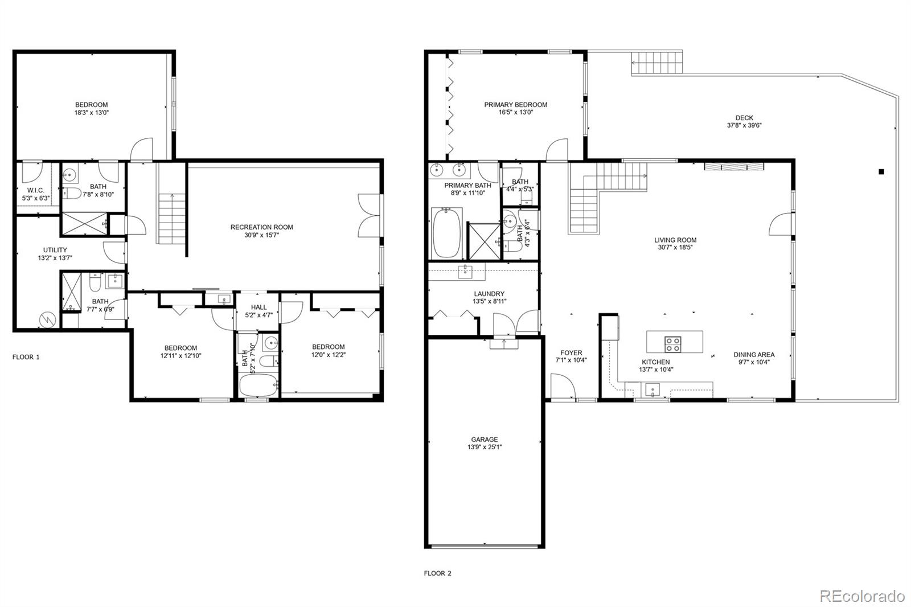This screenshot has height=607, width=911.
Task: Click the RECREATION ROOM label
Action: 261,227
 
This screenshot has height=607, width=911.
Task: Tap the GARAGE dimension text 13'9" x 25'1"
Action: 485,446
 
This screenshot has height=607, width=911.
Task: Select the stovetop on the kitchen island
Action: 672,344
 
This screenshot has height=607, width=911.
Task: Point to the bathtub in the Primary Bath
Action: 446,233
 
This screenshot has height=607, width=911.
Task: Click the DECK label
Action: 744,117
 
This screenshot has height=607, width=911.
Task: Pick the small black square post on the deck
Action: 881,172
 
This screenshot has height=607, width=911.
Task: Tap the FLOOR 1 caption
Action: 26,357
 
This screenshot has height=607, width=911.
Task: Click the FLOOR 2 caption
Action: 438,573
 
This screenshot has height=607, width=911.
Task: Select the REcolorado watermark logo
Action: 862,596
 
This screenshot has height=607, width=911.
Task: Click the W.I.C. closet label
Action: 36,190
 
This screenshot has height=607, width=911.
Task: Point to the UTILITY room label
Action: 55,250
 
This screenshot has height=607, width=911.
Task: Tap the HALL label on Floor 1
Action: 258,307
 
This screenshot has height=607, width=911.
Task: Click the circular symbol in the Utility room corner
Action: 47,320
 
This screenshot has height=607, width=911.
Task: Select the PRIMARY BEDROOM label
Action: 515,105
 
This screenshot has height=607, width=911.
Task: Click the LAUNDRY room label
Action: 489,293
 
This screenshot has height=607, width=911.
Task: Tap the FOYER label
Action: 571,352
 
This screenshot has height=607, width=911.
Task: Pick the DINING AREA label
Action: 754,354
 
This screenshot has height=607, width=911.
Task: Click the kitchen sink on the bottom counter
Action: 653,389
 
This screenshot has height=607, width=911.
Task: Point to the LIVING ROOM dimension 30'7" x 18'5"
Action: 675,247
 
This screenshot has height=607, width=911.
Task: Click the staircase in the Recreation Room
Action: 172,219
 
